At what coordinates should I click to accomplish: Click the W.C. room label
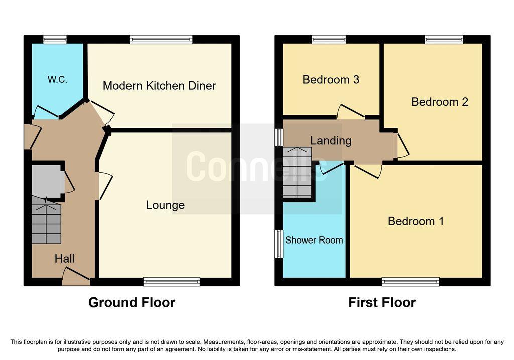click(57, 79)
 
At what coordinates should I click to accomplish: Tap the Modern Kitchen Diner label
click(159, 86)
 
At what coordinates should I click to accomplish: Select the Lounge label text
click(165, 205)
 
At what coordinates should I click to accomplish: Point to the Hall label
click(65, 259)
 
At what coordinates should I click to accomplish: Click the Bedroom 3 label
click(331, 80)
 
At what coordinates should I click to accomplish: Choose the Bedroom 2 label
click(440, 102)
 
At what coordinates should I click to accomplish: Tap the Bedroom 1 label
click(416, 221)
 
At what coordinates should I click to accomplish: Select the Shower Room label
click(314, 240)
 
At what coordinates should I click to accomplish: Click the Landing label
click(331, 141)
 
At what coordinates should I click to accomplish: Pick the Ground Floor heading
click(132, 302)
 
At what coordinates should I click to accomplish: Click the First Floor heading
click(382, 302)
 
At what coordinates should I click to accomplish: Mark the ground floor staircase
click(46, 220)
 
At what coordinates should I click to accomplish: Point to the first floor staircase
click(297, 173)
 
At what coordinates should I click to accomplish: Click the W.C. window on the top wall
click(55, 39)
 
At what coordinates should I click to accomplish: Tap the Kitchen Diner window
click(161, 39)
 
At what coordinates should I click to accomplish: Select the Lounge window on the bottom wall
click(172, 282)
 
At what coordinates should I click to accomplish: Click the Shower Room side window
click(279, 244)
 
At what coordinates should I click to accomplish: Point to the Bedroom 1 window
click(411, 282)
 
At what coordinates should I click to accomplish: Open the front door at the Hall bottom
click(76, 277)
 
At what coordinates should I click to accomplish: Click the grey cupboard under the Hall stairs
click(46, 181)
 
